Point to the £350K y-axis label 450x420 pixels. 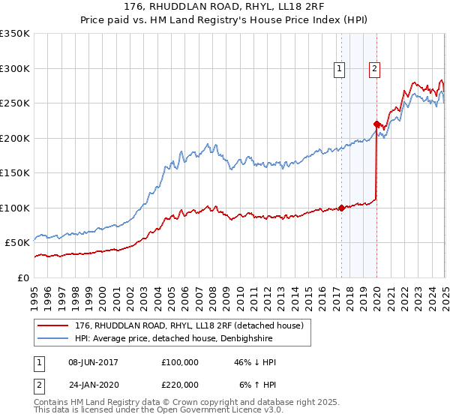pyautogui.click(x=16, y=34)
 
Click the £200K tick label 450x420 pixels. pyautogui.click(x=16, y=138)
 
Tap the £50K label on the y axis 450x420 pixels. pyautogui.click(x=18, y=243)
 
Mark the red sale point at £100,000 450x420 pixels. pyautogui.click(x=341, y=208)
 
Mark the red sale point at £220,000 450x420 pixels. pyautogui.click(x=376, y=124)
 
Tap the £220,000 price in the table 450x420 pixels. pyautogui.click(x=180, y=384)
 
